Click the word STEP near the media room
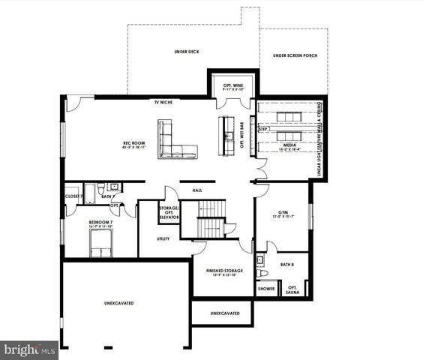(263, 129)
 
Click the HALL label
(197, 190)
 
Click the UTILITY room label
(163, 238)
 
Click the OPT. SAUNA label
(292, 289)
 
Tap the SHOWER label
(266, 288)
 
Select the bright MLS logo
(30, 349)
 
